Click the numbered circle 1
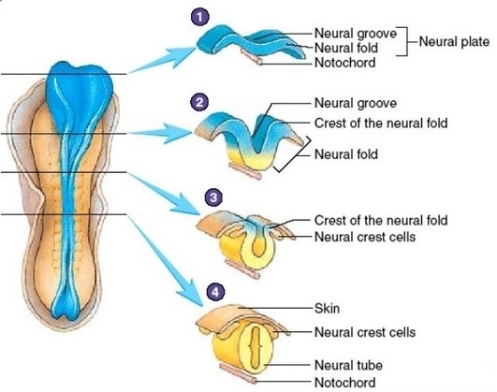coord(200,17)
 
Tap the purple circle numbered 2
coord(199,102)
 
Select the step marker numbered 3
coord(213,197)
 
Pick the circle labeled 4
coord(215,292)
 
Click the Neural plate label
coord(454,41)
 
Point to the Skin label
coord(327,308)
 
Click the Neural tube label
coord(348,365)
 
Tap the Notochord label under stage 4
coord(344,382)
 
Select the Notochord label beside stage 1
coord(344,63)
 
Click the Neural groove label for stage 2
coord(356,103)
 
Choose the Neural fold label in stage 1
coord(346,48)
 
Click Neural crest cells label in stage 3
coord(365,237)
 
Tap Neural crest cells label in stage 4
coord(365,332)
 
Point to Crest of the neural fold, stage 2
coord(381,123)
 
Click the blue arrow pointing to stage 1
coord(162,60)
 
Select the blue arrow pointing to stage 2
coord(160,133)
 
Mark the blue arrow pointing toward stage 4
coord(165,260)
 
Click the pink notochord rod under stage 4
coord(239,373)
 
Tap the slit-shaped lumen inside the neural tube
coord(256,346)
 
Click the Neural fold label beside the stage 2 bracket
coord(346,154)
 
